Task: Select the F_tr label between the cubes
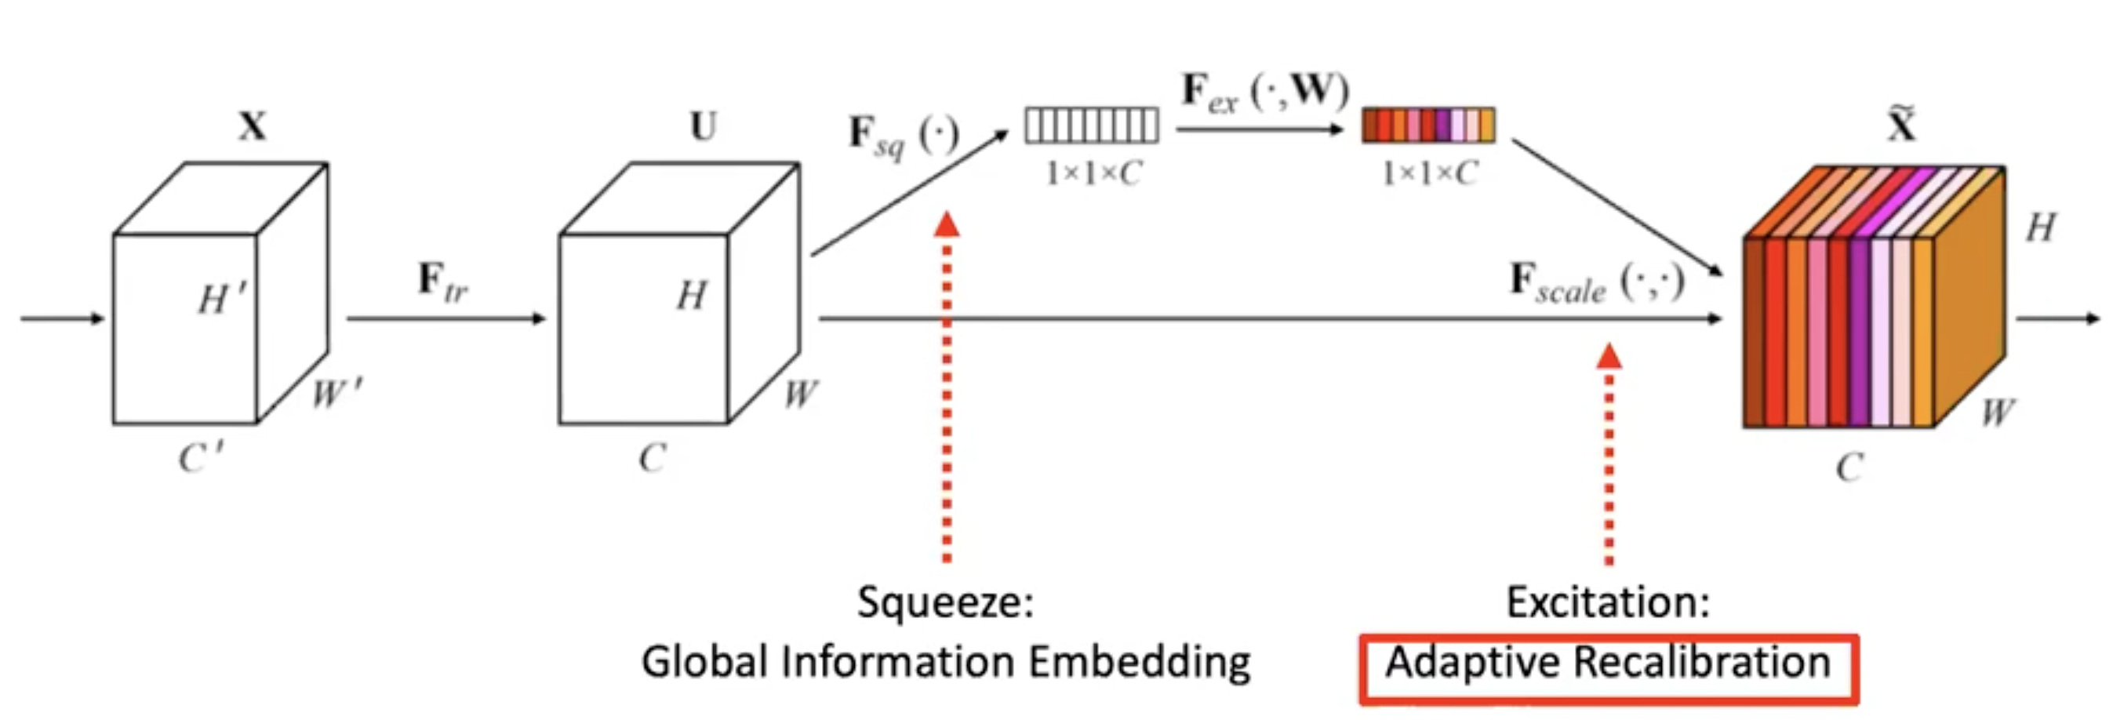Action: point(443,282)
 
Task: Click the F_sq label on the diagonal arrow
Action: point(902,136)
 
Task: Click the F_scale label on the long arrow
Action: point(1596,283)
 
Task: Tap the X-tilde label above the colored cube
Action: point(1901,125)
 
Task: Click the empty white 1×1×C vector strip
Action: point(1092,125)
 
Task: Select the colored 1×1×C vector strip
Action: point(1428,125)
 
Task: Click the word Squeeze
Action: point(945,602)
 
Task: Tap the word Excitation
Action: point(1608,602)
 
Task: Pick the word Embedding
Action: point(1140,663)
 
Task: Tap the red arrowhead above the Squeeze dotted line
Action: point(947,224)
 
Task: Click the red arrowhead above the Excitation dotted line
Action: point(1609,356)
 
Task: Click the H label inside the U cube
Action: point(691,295)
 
